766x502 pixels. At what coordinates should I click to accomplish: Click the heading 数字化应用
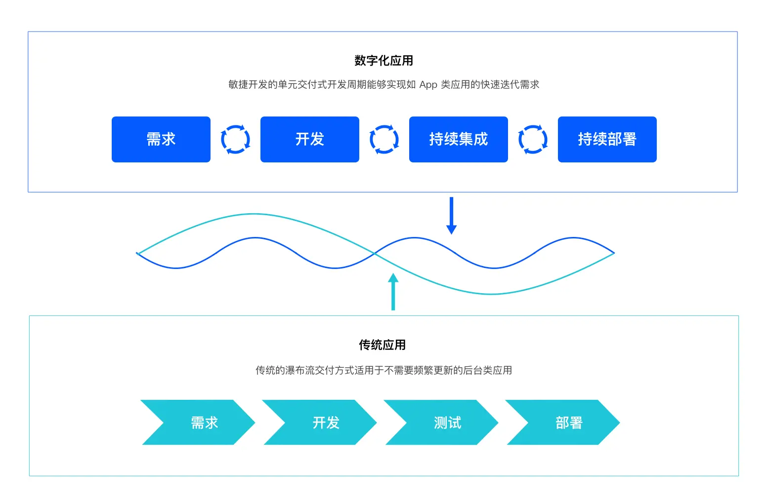click(383, 61)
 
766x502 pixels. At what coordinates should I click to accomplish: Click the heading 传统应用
click(382, 345)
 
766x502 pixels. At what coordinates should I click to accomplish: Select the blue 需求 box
click(161, 139)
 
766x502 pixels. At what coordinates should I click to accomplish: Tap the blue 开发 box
click(309, 139)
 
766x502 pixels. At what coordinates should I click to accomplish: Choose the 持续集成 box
click(458, 139)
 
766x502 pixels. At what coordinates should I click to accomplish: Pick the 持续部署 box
click(607, 139)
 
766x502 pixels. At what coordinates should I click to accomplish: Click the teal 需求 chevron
click(198, 423)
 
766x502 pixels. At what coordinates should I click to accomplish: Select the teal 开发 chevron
click(320, 423)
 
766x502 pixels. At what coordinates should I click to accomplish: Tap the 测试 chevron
click(442, 423)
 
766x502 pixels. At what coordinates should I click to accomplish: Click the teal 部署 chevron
click(563, 423)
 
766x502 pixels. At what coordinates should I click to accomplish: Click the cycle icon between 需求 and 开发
click(235, 139)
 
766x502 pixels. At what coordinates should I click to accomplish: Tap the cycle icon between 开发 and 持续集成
click(384, 139)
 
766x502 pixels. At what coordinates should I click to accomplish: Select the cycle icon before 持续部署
click(533, 139)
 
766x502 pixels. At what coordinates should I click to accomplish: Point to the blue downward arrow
click(451, 216)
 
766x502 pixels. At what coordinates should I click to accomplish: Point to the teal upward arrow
click(393, 292)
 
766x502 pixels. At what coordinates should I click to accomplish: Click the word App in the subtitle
click(428, 85)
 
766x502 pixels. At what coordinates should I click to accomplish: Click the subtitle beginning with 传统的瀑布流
click(383, 370)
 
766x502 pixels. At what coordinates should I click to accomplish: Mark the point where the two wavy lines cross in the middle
click(375, 253)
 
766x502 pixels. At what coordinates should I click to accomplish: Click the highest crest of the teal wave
click(253, 214)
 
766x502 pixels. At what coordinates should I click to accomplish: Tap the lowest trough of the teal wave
click(492, 294)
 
